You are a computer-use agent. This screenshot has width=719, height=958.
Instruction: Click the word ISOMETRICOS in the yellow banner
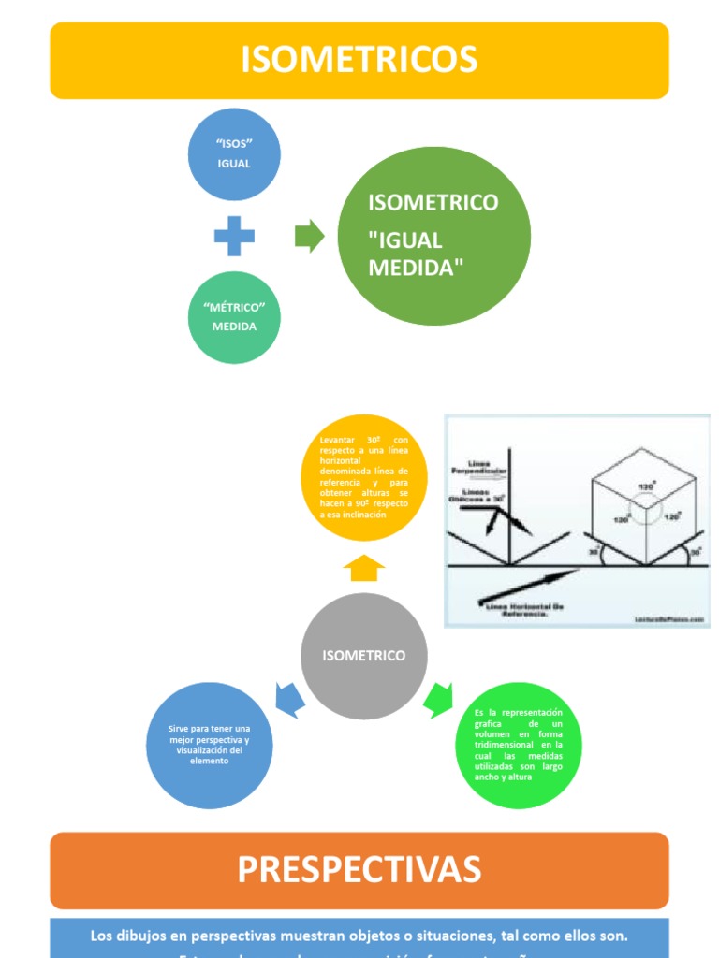tap(359, 60)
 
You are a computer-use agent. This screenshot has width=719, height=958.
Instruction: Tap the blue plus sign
tap(234, 236)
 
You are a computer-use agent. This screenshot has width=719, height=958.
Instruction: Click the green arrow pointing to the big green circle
tap(309, 236)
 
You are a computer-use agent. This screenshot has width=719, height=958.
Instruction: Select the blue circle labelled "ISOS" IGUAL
tap(234, 154)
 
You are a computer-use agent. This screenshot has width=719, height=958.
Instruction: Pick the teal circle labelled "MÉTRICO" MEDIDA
tap(234, 317)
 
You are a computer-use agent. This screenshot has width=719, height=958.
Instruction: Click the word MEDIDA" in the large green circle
tap(416, 268)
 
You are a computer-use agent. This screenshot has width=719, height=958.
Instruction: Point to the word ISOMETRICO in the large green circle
tap(433, 203)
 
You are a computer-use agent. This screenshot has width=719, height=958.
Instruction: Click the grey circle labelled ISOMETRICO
tap(364, 656)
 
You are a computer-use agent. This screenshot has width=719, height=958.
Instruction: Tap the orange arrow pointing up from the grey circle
tap(364, 567)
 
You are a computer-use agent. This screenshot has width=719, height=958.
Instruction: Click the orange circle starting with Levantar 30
tap(364, 477)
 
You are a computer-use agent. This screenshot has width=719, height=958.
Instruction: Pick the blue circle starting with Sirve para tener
tap(210, 745)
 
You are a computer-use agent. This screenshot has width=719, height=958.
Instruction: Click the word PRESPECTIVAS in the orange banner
tap(359, 869)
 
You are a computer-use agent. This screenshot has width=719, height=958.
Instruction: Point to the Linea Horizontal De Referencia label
tap(526, 610)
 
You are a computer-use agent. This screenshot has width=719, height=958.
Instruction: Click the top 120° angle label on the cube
tap(645, 487)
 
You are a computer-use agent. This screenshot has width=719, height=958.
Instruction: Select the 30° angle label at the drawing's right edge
tap(694, 553)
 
